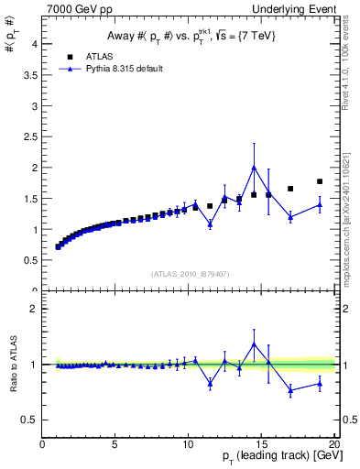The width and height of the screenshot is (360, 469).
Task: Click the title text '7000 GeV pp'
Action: (x=71, y=9)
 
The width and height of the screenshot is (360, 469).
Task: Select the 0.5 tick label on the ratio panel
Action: (x=30, y=420)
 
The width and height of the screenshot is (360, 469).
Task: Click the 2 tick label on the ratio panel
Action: (x=34, y=309)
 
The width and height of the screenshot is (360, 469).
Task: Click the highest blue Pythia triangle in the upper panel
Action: (x=254, y=168)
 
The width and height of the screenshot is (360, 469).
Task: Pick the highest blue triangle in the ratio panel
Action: (x=254, y=344)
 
